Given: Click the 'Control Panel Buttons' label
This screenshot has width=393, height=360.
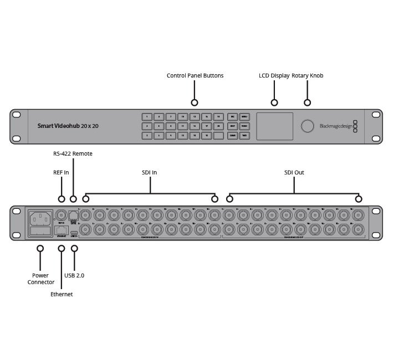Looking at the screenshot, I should [x=195, y=75].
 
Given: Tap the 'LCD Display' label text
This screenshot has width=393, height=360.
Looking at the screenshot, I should [x=274, y=75].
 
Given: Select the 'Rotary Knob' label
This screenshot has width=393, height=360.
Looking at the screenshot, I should [x=307, y=75].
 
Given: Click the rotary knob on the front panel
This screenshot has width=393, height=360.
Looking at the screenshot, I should [x=307, y=126].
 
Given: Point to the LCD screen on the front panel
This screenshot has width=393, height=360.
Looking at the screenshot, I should [x=274, y=126].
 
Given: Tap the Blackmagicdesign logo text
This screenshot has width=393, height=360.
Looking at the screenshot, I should [x=336, y=126].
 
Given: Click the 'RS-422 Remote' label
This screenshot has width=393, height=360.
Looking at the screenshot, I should [x=73, y=153].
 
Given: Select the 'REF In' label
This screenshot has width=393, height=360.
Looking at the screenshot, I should [x=61, y=173].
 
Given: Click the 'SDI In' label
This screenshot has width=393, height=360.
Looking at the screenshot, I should [x=150, y=173].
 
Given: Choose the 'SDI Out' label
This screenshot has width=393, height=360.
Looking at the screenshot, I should [x=294, y=173].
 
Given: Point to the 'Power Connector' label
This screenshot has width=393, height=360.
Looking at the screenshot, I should [x=40, y=279].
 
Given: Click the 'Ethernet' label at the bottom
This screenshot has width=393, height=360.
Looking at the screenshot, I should [x=62, y=295].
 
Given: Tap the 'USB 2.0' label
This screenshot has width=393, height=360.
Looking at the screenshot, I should [x=75, y=275].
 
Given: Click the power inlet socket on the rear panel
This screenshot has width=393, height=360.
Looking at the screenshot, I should [x=40, y=218].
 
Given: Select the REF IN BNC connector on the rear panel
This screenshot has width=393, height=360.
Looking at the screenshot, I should [x=62, y=215].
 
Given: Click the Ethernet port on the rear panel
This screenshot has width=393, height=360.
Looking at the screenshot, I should [x=62, y=229].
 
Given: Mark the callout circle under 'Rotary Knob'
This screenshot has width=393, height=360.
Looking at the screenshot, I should [x=308, y=102].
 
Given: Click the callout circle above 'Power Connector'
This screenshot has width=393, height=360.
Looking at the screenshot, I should [x=40, y=249].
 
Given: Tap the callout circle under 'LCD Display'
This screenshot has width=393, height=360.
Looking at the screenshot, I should [x=274, y=102].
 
